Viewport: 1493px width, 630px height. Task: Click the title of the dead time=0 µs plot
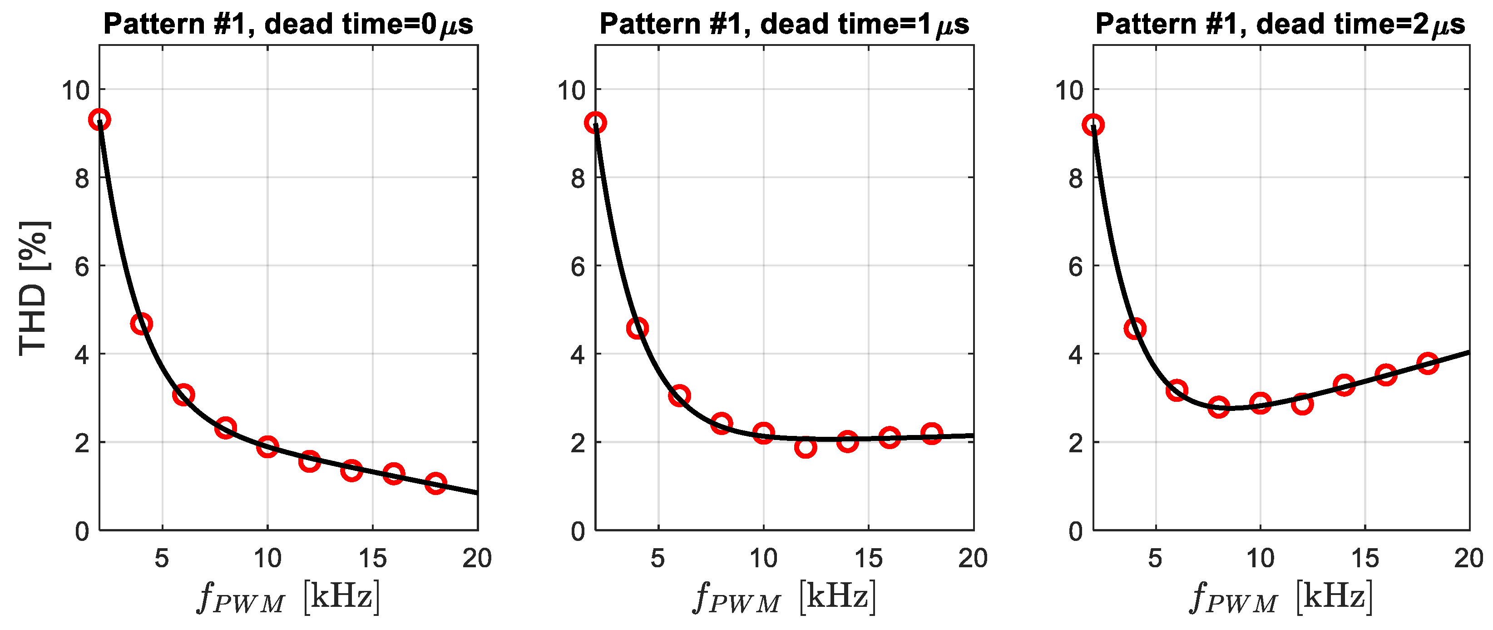pyautogui.click(x=288, y=25)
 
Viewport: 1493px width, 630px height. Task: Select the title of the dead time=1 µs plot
pyautogui.click(x=784, y=25)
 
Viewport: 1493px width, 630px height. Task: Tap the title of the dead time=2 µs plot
pyautogui.click(x=1280, y=25)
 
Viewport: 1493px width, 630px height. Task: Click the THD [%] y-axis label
pyautogui.click(x=34, y=288)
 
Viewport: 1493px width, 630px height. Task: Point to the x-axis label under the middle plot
pyautogui.click(x=784, y=596)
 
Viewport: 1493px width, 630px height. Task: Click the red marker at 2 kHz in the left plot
pyautogui.click(x=100, y=120)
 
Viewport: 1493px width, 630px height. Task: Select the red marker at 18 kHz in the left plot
pyautogui.click(x=436, y=483)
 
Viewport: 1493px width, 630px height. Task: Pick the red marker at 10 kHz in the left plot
pyautogui.click(x=267, y=446)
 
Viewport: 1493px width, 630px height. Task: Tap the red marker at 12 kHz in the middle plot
pyautogui.click(x=806, y=447)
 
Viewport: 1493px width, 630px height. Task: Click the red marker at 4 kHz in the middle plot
pyautogui.click(x=637, y=328)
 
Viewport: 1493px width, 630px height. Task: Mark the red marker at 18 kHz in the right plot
pyautogui.click(x=1428, y=363)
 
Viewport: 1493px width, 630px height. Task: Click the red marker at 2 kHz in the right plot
pyautogui.click(x=1093, y=125)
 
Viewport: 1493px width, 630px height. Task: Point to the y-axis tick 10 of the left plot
pyautogui.click(x=76, y=90)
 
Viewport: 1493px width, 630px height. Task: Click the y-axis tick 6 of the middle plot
pyautogui.click(x=578, y=267)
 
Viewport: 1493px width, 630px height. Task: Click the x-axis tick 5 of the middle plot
pyautogui.click(x=658, y=558)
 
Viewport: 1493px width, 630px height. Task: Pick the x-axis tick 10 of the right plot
pyautogui.click(x=1260, y=558)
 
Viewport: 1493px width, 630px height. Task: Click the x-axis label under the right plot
pyautogui.click(x=1281, y=596)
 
